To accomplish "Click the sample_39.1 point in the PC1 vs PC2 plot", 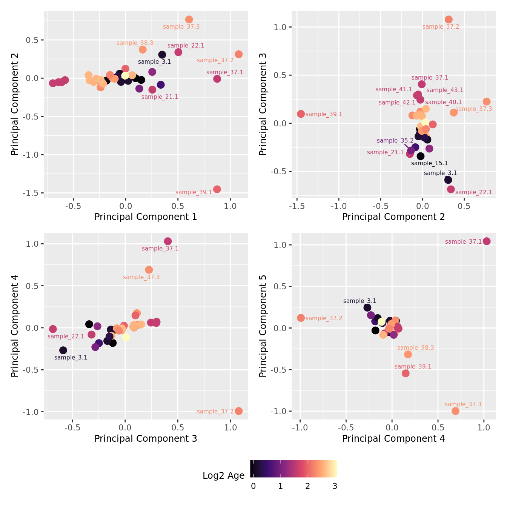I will pos(217,189).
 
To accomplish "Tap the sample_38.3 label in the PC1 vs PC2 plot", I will pos(135,43).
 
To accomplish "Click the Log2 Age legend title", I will pos(223,476).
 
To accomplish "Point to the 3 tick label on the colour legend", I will pos(335,486).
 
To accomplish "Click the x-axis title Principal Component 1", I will pos(146,217).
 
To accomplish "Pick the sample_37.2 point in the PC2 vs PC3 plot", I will pos(449,20).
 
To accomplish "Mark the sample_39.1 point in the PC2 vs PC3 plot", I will pos(301,114).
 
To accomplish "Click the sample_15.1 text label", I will pos(429,163).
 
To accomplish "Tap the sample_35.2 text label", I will pos(395,141).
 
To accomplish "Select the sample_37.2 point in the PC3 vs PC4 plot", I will pos(238,411).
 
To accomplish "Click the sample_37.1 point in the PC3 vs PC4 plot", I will pos(168,241).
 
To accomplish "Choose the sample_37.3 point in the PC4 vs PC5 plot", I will pos(455,411).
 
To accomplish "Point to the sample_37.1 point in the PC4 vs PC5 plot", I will pos(487,241).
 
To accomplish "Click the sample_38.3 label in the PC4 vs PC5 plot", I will pos(415,348).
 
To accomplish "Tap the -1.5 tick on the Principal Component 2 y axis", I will pos(33,193).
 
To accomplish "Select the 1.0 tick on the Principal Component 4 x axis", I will pos(484,428).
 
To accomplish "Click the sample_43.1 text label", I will pos(445,90).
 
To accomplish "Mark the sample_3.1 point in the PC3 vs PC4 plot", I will pos(63,350).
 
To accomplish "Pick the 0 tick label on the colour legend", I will pos(253,486).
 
